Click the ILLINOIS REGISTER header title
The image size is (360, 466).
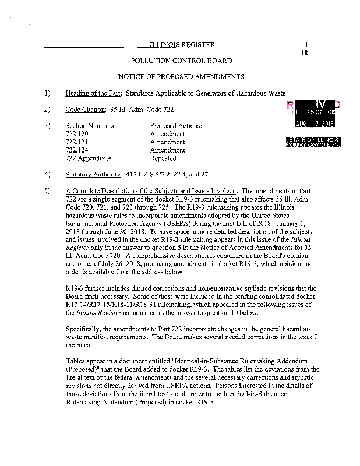(182, 45)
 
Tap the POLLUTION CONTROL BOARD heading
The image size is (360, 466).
(181, 61)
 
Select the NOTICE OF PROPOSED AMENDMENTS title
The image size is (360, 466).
(181, 77)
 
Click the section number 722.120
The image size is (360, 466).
(73, 134)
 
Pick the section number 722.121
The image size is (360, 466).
(73, 142)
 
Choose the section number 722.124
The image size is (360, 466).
(73, 150)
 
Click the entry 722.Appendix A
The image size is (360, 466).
(89, 158)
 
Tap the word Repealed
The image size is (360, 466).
(163, 158)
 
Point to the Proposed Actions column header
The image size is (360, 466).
(176, 126)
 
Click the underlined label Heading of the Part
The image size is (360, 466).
(93, 93)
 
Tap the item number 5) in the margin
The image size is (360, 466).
(47, 190)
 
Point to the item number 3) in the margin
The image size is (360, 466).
(47, 126)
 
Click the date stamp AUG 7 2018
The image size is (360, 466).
(315, 123)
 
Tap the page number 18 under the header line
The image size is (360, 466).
(303, 53)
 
